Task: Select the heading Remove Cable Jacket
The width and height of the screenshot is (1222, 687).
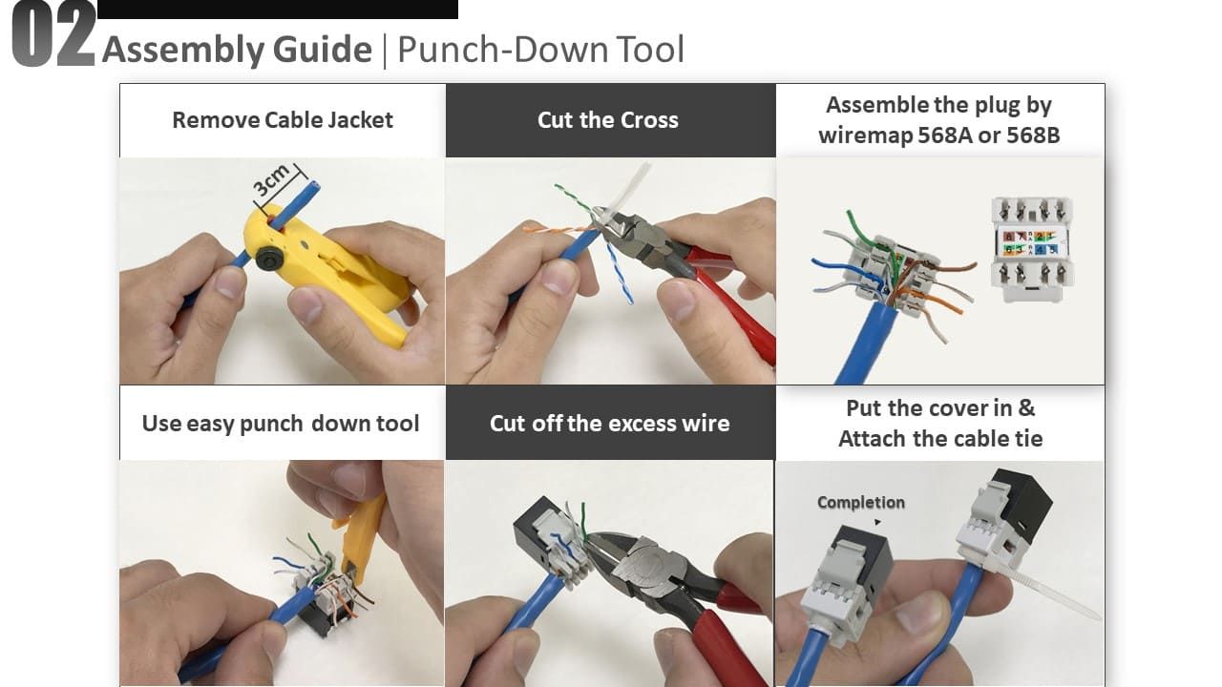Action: click(x=283, y=120)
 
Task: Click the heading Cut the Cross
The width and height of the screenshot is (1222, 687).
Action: click(x=608, y=120)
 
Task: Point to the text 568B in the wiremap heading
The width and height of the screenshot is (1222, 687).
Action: click(x=1033, y=135)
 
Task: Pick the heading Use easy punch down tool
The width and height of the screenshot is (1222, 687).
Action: click(x=281, y=423)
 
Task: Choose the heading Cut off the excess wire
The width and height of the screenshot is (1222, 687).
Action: click(x=609, y=423)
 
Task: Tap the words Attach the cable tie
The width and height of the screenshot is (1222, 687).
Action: click(x=940, y=438)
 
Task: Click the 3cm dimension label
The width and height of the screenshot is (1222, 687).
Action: click(x=271, y=180)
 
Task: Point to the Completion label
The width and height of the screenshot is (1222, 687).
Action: click(x=861, y=502)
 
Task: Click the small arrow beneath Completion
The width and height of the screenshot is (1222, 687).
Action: click(x=877, y=522)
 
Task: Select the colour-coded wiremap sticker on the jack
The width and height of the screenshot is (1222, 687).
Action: click(x=1029, y=243)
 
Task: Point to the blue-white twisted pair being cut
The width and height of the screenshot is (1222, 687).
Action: click(x=621, y=273)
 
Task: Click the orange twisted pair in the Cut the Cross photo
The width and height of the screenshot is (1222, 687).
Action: click(x=557, y=229)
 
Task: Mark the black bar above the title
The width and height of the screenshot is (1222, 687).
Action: click(x=278, y=10)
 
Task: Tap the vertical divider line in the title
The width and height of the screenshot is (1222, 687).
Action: click(x=385, y=51)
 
